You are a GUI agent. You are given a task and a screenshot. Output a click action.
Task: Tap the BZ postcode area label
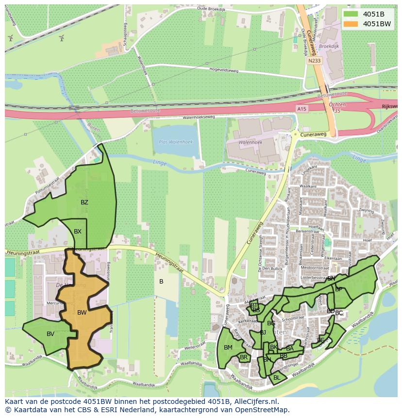coord(84,202)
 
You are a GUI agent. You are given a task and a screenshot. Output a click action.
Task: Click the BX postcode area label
coord(78,232)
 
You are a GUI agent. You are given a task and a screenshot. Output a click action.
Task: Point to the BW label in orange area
coord(82,313)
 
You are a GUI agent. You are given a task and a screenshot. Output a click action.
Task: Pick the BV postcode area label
coord(50,334)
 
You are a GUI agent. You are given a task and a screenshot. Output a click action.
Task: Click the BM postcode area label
coord(228,347)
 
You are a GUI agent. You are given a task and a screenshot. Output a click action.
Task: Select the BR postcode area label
coord(244,357)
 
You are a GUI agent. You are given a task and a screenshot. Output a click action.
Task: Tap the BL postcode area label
coord(277,377)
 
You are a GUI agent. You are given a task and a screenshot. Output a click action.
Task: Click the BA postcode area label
coord(290,348)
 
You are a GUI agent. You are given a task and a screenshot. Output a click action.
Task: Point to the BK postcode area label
coord(274,347)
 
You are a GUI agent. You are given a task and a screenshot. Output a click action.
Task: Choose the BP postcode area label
coord(339,289)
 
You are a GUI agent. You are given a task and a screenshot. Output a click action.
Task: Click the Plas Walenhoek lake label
coord(176,142)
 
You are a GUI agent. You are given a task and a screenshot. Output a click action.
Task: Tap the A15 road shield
coord(301,110)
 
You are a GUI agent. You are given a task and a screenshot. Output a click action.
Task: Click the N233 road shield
coord(314,61)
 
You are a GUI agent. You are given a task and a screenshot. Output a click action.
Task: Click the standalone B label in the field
coord(161,282)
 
